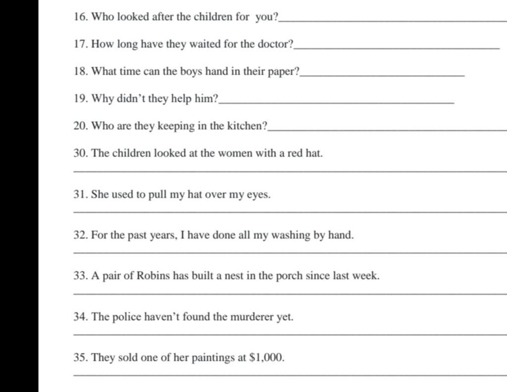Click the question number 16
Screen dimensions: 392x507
(x=80, y=17)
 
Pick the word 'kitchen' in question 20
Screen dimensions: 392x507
(x=246, y=126)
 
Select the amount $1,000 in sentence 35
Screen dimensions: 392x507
(x=268, y=357)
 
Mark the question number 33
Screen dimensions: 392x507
(x=80, y=276)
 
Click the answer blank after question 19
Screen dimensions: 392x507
(x=336, y=101)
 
